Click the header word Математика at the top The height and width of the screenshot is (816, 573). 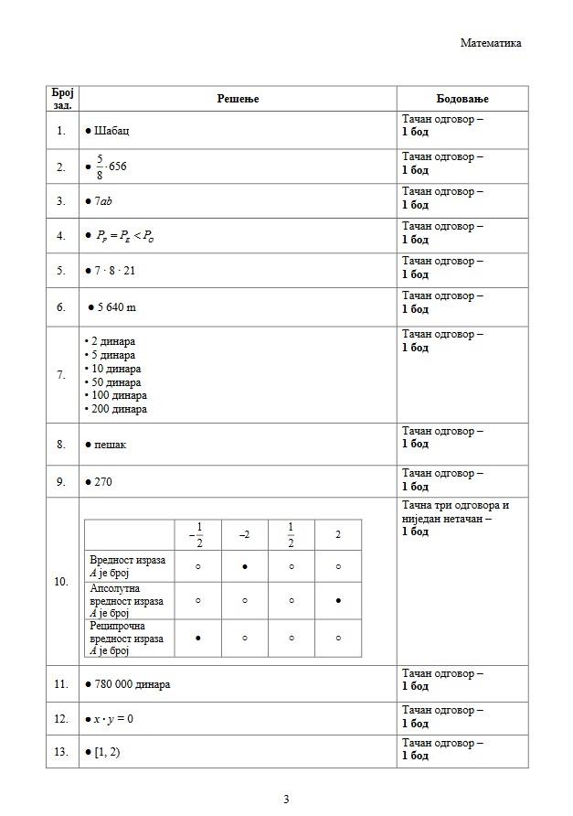(x=491, y=43)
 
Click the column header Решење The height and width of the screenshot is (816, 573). (x=238, y=99)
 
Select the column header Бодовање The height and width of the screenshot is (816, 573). (x=462, y=99)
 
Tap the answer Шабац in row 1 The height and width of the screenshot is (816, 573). (x=111, y=131)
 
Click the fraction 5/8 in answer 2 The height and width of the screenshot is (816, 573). (x=100, y=166)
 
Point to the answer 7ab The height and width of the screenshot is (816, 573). (x=103, y=201)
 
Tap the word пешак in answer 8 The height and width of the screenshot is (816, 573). (x=111, y=445)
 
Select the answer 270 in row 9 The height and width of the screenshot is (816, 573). (x=103, y=481)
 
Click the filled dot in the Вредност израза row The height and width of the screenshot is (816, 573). (x=245, y=566)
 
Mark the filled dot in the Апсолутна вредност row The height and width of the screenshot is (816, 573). (x=338, y=601)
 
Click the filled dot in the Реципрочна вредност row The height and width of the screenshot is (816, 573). (x=198, y=638)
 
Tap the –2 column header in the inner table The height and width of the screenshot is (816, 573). (x=245, y=535)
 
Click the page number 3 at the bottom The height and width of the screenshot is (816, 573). (x=286, y=799)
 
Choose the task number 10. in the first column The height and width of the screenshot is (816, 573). (x=61, y=582)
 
